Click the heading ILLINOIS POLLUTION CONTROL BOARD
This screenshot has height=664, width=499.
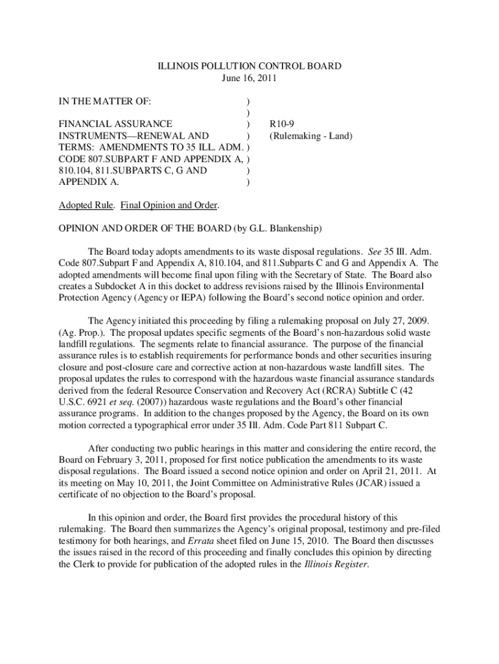point(250,66)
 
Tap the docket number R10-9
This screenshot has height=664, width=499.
point(282,124)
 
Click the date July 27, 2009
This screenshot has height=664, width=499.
point(396,320)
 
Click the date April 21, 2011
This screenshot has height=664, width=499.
point(381,471)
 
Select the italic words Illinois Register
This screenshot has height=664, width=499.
point(336,564)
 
